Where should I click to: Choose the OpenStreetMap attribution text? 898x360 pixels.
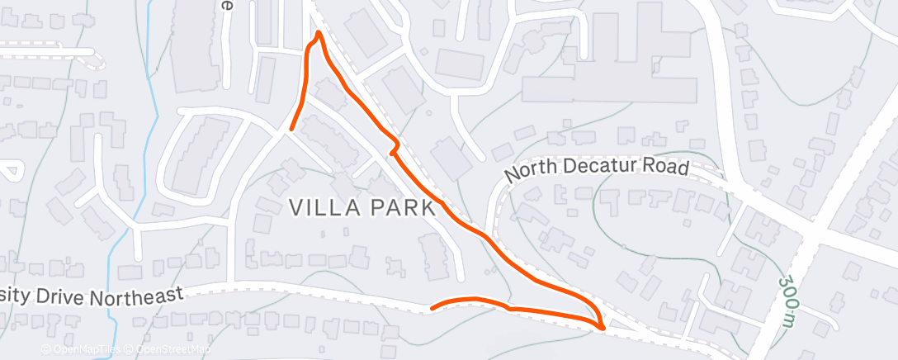coord(168,350)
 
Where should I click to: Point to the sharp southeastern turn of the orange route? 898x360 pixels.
coord(603,325)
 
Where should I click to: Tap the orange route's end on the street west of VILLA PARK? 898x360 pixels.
coord(291,128)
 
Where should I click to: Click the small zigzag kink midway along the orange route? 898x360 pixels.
coord(395,148)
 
